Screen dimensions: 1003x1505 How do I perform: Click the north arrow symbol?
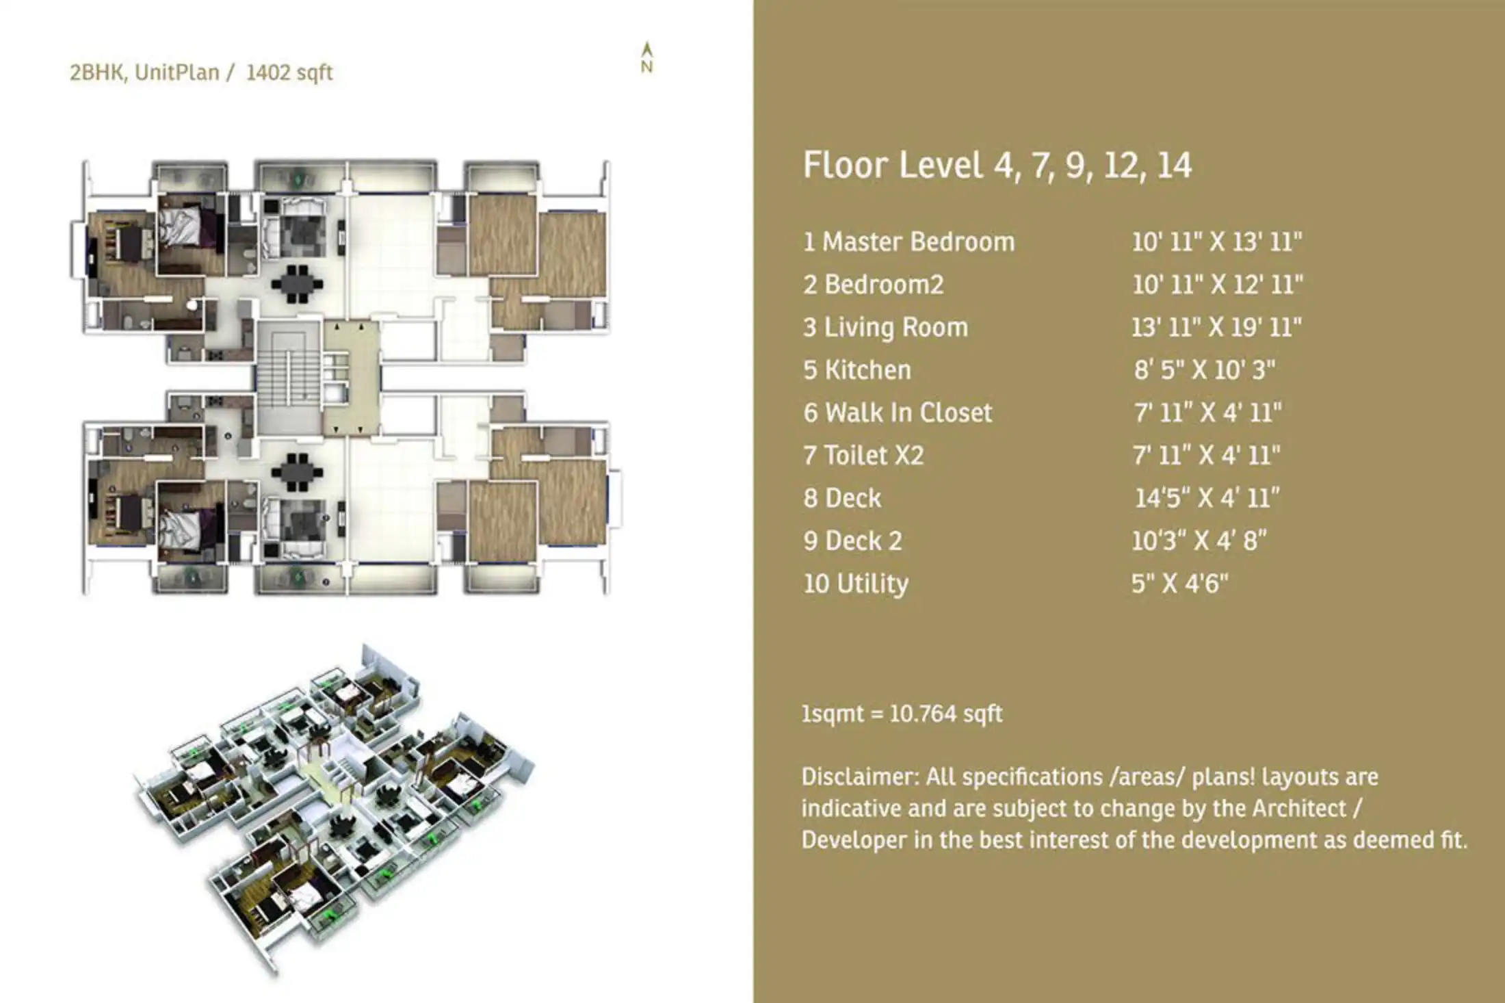[x=646, y=57]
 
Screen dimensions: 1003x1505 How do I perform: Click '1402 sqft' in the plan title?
[x=289, y=73]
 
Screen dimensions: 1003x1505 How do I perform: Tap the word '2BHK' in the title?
[x=96, y=73]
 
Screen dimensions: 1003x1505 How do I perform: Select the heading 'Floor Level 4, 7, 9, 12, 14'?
[x=997, y=166]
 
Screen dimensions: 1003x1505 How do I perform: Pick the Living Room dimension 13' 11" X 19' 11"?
[x=1216, y=328]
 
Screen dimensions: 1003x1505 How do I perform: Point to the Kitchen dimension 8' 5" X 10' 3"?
[x=1204, y=370]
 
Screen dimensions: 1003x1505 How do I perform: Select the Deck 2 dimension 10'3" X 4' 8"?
[x=1199, y=541]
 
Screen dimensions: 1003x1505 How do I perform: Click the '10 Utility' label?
[x=856, y=584]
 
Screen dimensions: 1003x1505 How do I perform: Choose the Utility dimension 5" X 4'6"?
[x=1179, y=584]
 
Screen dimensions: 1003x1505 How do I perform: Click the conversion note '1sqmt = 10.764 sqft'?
[x=902, y=714]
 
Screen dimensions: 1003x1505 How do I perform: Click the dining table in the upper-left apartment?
[x=297, y=283]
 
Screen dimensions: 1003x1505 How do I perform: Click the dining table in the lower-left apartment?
[x=297, y=472]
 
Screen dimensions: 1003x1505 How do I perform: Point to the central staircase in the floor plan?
[x=288, y=378]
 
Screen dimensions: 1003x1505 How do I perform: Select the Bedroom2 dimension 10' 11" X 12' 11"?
[x=1217, y=285]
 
